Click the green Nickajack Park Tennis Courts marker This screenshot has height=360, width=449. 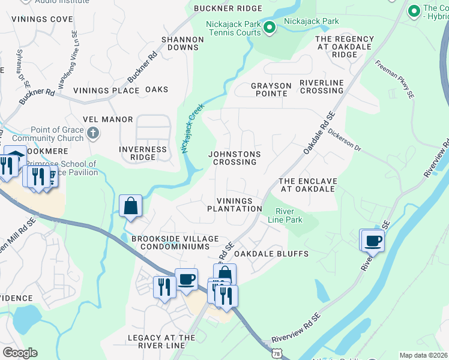(x=270, y=27)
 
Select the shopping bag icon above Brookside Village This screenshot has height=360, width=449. (x=130, y=206)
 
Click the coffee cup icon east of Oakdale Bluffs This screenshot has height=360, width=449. (x=372, y=241)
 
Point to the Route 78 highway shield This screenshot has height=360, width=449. (x=276, y=354)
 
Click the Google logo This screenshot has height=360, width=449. (x=20, y=353)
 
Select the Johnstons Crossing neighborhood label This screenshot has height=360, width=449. (x=235, y=158)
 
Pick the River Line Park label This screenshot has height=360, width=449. (x=289, y=215)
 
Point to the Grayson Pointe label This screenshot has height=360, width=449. (x=271, y=90)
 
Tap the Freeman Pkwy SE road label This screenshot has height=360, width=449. (x=394, y=79)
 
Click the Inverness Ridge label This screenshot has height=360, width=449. (x=143, y=153)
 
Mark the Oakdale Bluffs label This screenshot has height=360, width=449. (x=271, y=254)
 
